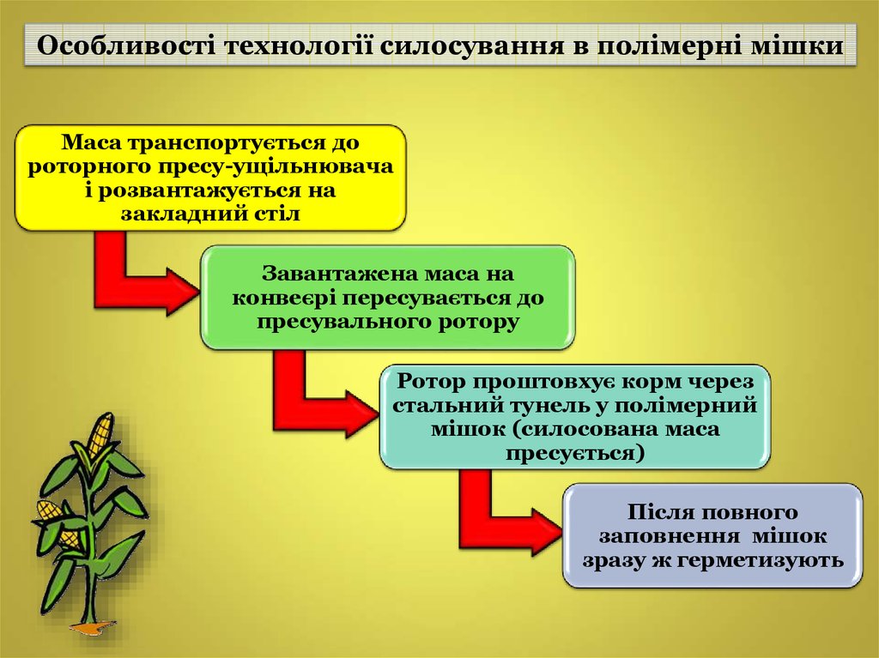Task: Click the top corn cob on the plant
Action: pos(100,433)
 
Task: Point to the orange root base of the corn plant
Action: pos(93,626)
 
